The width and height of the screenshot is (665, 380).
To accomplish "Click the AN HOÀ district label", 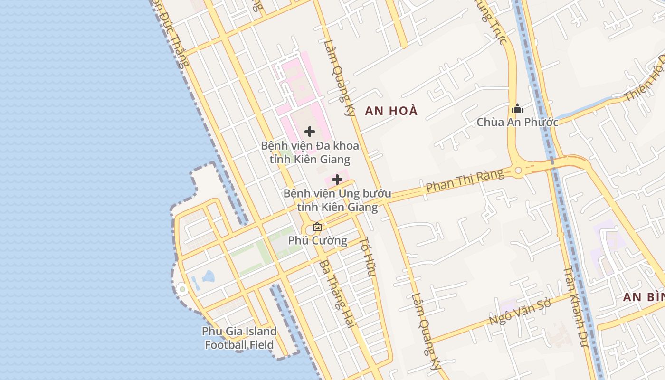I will [391, 111].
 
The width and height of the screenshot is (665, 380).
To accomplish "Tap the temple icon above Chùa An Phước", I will [517, 109].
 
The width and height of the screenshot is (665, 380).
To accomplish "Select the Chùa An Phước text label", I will [517, 122].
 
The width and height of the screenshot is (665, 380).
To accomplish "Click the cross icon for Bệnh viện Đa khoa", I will [310, 132].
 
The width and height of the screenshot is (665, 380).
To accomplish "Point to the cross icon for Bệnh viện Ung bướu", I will [337, 180].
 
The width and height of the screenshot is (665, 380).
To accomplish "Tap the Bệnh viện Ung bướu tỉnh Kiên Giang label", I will [337, 200].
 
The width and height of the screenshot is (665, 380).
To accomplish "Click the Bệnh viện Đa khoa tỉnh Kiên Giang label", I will [310, 152].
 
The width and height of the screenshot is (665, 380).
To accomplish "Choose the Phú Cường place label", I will [317, 240].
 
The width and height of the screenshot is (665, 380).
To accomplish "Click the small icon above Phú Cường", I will [317, 227].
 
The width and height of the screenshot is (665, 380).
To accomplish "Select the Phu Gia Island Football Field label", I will [239, 338].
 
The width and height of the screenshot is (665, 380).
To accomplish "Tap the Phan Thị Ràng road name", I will [465, 180].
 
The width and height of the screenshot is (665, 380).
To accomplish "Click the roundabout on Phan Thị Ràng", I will [518, 170].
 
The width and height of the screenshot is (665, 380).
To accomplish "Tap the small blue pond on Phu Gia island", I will [208, 276].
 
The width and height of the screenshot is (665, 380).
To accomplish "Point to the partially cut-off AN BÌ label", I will [644, 297].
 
